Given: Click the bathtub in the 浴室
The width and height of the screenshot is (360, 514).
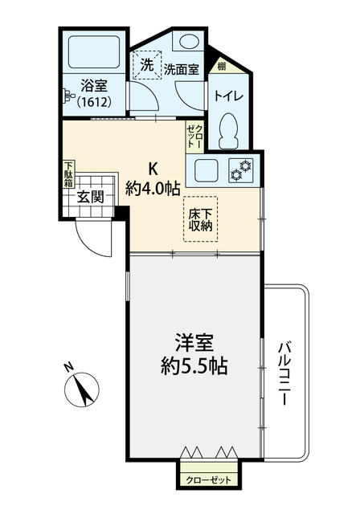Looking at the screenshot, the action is (94, 51).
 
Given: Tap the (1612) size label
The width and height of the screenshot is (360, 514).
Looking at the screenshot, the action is (94, 103).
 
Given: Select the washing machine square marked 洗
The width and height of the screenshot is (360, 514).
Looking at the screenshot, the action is (147, 65).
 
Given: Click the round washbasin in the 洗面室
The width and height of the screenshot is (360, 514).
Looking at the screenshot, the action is (189, 41).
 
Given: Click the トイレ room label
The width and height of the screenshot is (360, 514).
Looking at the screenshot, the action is (229, 96).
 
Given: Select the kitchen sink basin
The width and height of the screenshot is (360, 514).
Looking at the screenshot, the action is (207, 170).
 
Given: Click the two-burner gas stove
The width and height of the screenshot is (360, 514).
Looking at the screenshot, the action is (241, 170).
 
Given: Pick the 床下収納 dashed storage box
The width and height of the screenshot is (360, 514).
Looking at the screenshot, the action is (200, 219).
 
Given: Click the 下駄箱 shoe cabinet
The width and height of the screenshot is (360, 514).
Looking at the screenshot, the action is (68, 174).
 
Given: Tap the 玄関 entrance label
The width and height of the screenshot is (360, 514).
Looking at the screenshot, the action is (91, 198).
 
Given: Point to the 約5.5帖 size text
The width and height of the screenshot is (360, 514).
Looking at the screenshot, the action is (194, 366).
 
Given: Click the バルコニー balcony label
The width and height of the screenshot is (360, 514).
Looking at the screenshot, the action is (284, 373).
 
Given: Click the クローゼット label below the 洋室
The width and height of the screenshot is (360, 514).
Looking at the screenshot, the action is (208, 480).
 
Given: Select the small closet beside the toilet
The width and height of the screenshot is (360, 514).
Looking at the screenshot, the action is (194, 137).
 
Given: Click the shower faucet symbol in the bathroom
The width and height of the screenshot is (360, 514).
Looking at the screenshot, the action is (68, 96).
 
